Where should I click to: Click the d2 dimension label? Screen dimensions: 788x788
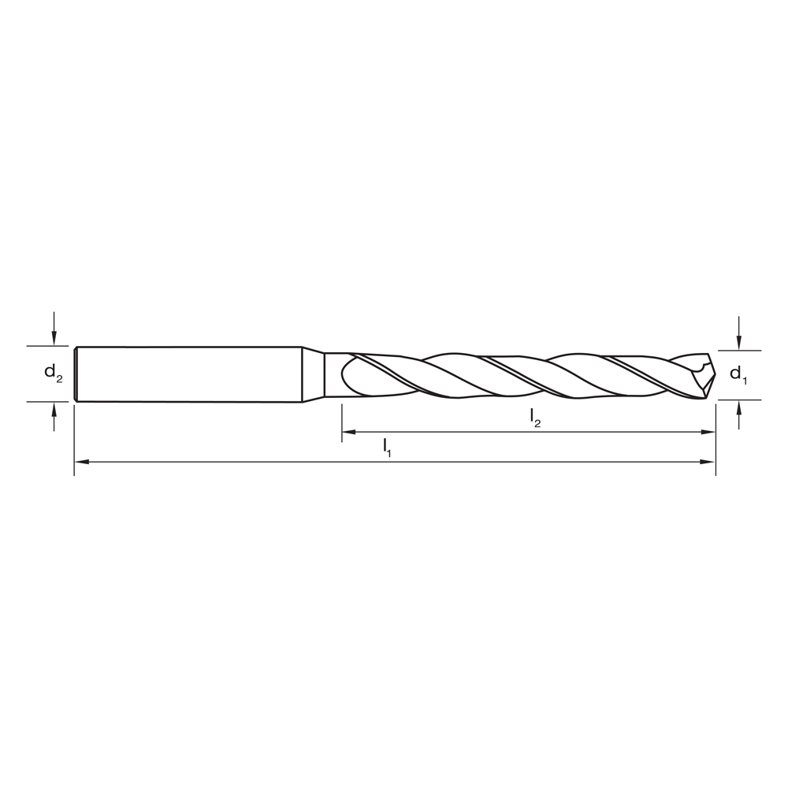tap(53, 374)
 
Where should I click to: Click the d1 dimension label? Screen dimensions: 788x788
tap(738, 374)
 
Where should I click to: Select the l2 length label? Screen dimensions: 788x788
tap(535, 418)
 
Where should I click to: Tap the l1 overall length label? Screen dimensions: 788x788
tap(387, 448)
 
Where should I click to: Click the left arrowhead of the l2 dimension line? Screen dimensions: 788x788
tap(348, 432)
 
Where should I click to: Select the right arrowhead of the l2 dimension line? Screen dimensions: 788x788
tap(708, 432)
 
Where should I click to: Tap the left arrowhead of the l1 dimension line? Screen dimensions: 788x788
tap(80, 462)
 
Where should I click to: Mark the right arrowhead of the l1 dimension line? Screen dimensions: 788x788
tap(708, 462)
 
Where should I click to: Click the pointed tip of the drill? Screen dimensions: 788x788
tap(713, 374)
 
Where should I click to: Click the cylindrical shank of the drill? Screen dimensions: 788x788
tap(189, 374)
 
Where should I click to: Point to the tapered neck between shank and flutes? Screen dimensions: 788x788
tap(314, 374)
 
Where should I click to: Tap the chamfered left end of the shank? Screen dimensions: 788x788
tap(76, 374)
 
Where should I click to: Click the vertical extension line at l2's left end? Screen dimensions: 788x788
tap(342, 422)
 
